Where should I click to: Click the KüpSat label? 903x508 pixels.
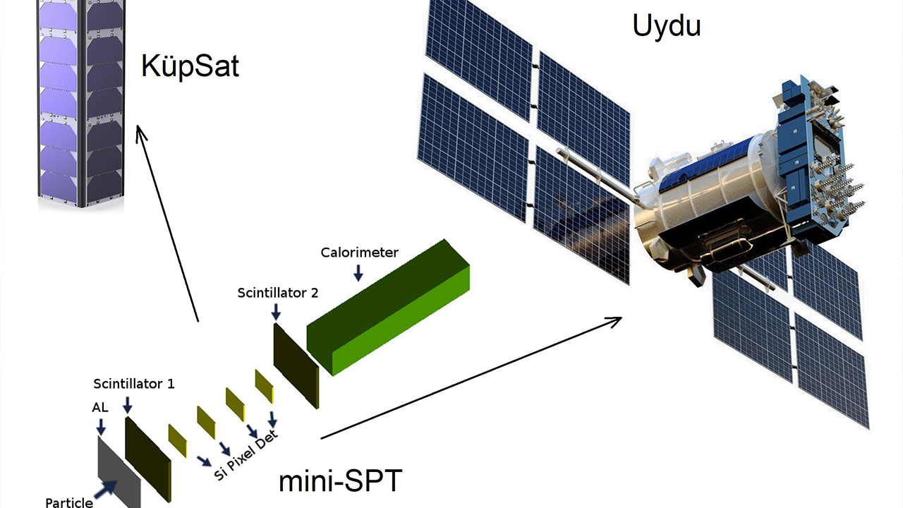(x=190, y=66)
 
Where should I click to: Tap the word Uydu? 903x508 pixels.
(x=667, y=26)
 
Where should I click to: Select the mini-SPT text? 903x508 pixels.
(x=340, y=480)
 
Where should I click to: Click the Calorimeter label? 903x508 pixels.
(x=359, y=253)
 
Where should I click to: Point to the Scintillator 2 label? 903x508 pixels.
(x=278, y=293)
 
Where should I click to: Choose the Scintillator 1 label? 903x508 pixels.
(x=134, y=383)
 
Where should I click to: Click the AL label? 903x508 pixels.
(x=100, y=408)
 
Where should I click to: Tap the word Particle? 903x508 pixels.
(x=69, y=503)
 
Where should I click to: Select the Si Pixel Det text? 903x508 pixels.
(x=246, y=455)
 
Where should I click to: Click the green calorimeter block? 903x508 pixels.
(x=388, y=307)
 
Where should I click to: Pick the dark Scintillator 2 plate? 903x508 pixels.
(x=296, y=365)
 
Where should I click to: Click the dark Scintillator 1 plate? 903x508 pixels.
(x=148, y=459)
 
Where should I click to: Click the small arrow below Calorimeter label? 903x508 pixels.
(x=358, y=273)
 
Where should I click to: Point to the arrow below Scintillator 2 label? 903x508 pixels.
(x=276, y=312)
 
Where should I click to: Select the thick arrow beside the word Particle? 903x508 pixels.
(x=106, y=489)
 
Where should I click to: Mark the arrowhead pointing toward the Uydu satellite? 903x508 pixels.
(x=614, y=322)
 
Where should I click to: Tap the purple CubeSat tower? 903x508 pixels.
(x=81, y=103)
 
